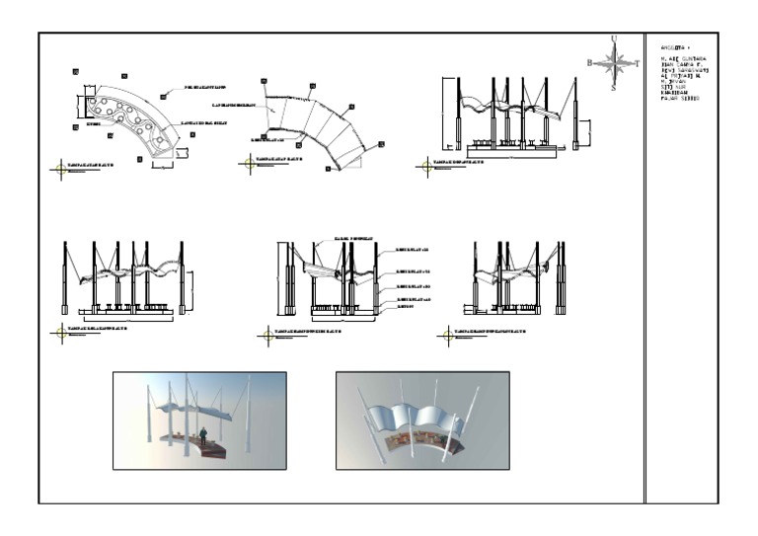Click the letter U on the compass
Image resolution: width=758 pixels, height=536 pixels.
pos(615,38)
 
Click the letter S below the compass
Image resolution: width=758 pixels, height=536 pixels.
pos(614,87)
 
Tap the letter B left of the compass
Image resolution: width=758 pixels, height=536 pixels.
pos(590,62)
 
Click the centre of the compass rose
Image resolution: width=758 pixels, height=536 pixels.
pos(614,63)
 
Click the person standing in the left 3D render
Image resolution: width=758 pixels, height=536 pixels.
pos(203,436)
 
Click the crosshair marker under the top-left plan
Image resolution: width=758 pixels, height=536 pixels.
pos(62,169)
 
